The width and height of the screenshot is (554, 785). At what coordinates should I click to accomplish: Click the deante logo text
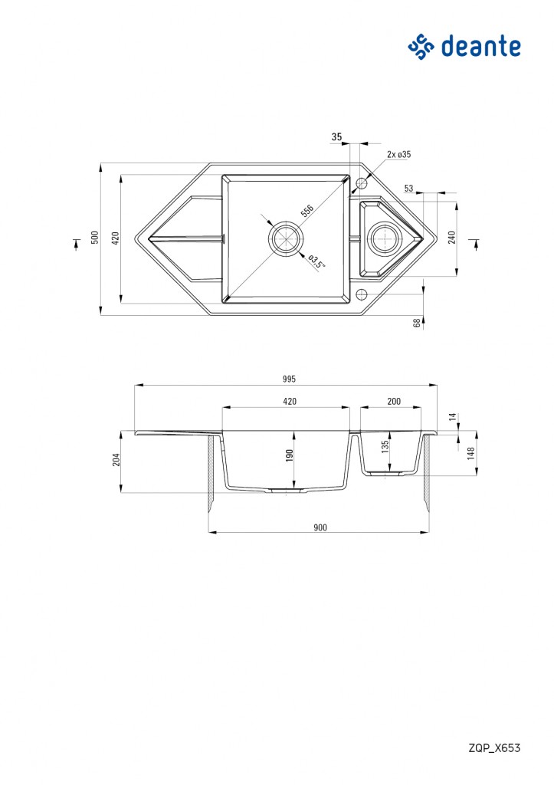coord(480,47)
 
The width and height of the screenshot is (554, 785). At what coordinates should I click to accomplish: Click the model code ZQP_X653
coord(494,747)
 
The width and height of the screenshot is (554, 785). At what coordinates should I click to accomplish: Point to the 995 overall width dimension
coord(289,379)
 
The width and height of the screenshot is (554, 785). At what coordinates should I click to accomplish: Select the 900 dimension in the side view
coord(320,527)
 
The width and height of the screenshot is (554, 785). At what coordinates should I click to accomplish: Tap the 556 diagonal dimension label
coord(307,211)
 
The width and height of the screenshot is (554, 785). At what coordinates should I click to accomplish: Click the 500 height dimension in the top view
coord(94,238)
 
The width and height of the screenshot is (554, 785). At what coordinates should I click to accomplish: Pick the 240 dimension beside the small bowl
coord(452,238)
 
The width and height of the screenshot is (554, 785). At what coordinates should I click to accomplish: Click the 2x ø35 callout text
coord(399,154)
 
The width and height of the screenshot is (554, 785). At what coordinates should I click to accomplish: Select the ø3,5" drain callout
coord(316,262)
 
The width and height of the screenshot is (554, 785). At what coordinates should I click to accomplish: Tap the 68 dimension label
coord(416,323)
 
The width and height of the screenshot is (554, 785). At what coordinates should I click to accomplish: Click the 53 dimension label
coord(409,189)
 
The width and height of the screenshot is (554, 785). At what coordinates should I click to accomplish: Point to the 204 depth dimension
coord(116,460)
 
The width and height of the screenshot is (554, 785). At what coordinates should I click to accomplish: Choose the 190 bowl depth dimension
coord(290,455)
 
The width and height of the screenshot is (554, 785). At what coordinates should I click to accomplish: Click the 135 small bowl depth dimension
coord(385,447)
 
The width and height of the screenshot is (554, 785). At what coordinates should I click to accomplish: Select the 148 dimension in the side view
coord(470,453)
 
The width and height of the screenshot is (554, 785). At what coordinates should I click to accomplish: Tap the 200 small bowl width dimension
coord(394,401)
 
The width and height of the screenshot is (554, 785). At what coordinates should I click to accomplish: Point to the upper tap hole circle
coord(361,184)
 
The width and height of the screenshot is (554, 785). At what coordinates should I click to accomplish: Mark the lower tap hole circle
coord(361,294)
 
